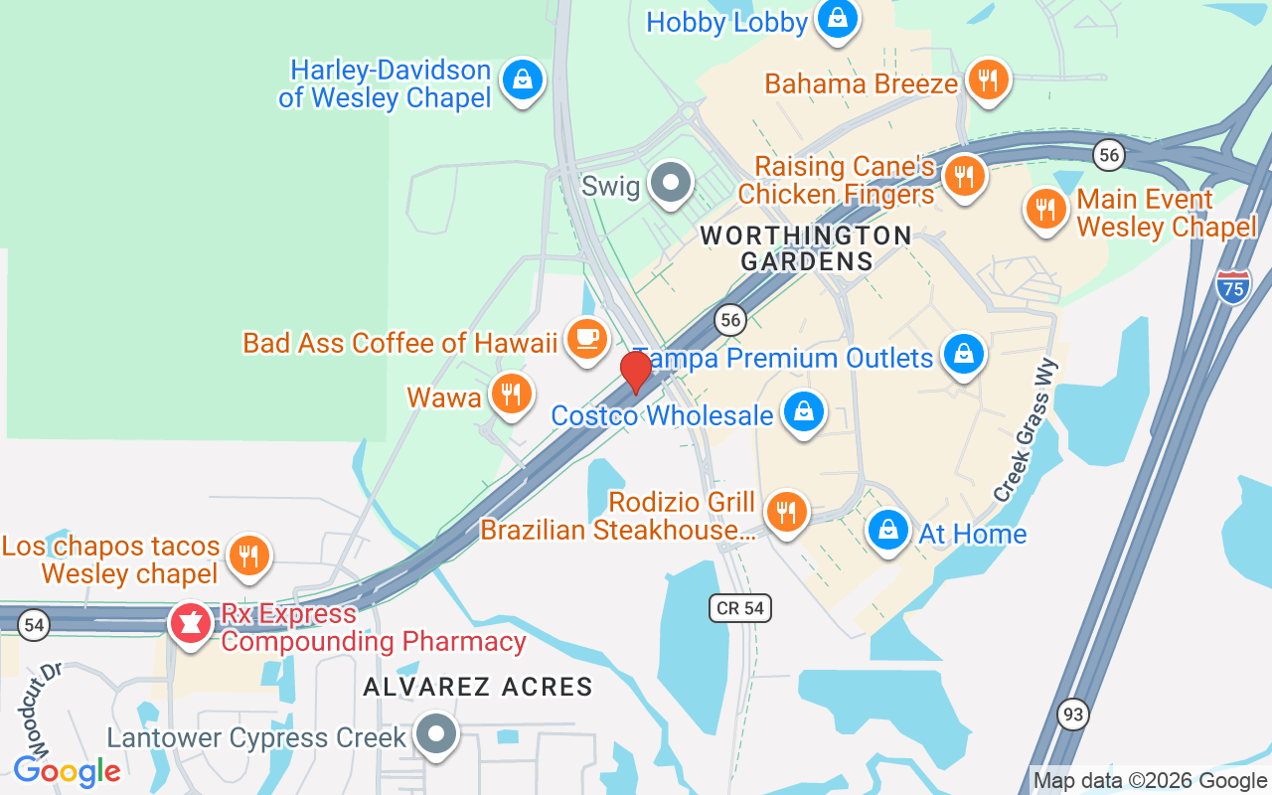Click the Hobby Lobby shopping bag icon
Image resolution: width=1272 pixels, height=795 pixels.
838,19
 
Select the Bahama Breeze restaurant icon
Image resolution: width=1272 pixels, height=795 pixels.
987,81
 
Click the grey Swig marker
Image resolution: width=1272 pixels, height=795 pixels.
671,184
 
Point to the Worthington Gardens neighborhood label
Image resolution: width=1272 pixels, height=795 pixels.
806,248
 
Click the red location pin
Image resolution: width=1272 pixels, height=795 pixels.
635,372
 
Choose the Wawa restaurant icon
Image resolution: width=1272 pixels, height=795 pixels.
511,395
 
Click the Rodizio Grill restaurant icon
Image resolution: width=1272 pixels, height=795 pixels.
786,513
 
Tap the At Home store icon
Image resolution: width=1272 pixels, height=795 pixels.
887,531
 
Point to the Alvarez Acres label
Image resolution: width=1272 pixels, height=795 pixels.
478,687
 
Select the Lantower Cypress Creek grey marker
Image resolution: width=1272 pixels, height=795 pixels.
435,735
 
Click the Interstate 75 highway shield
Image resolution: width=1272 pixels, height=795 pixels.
1233,285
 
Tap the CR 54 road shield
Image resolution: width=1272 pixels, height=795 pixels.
740,608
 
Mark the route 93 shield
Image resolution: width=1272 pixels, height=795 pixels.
1073,714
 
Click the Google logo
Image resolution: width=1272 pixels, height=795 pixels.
67,770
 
